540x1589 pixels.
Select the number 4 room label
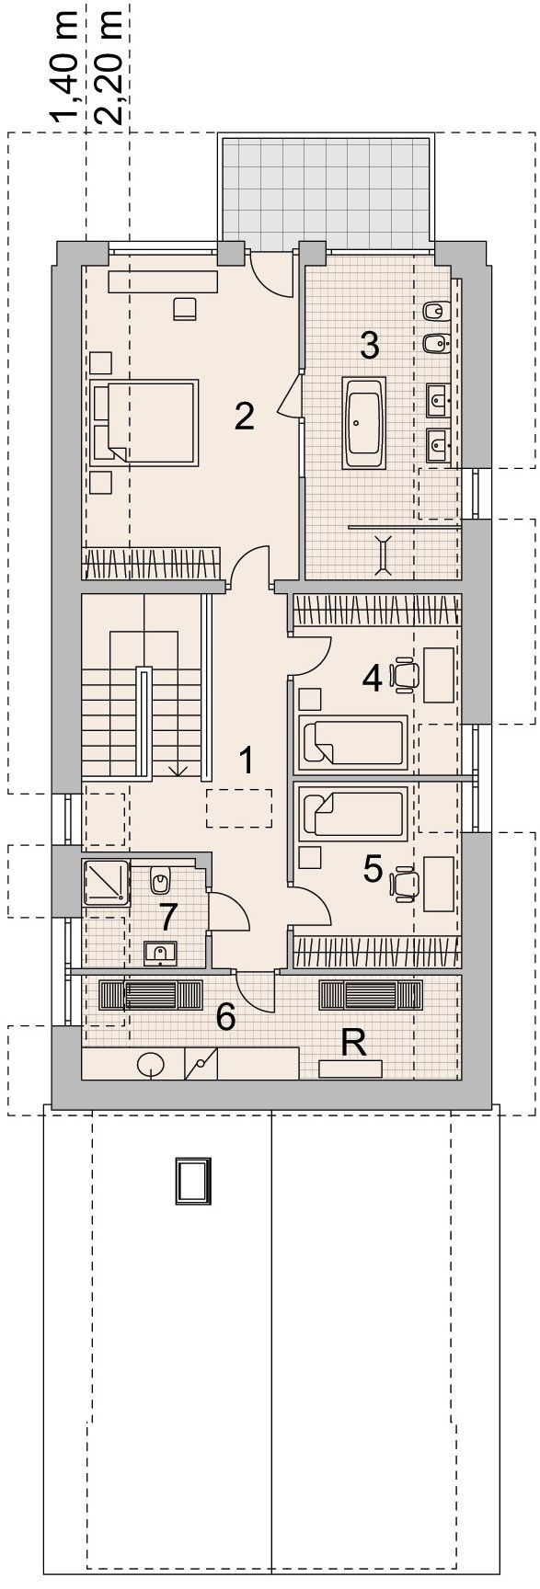(x=372, y=679)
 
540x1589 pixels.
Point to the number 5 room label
(x=372, y=867)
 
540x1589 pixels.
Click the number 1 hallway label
(x=245, y=760)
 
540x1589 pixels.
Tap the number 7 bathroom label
(x=167, y=915)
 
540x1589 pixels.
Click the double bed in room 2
(x=147, y=421)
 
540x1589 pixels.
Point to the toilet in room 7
(x=160, y=880)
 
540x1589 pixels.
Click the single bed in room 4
(x=353, y=741)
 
